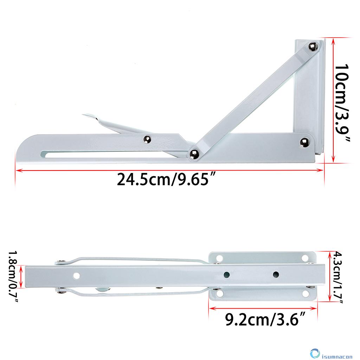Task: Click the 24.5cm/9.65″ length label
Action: [x=166, y=180]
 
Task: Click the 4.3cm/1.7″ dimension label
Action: [x=338, y=277]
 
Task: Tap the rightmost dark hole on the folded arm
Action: [x=276, y=274]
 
